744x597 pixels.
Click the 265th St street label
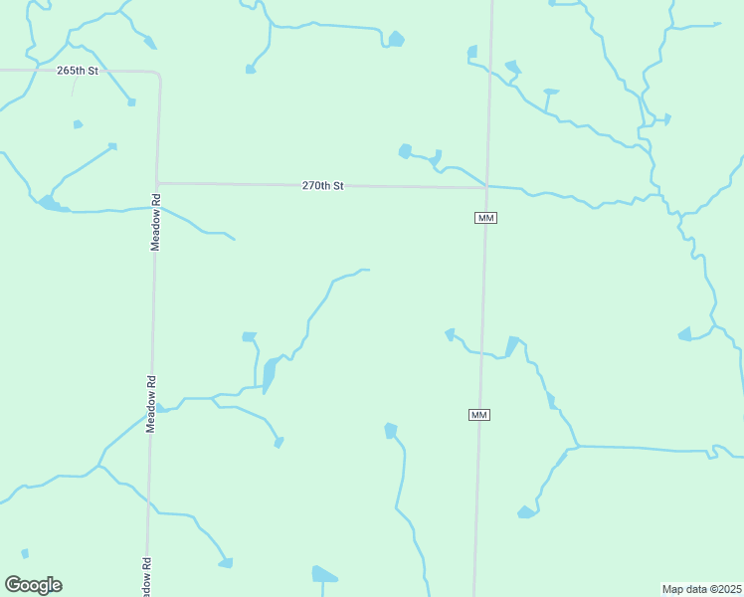point(79,71)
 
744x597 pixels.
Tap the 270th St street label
point(323,185)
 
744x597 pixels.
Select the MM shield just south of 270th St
point(485,218)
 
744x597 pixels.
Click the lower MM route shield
point(479,414)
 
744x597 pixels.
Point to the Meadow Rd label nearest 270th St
point(156,223)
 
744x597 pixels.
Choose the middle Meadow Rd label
point(152,403)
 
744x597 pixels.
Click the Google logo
point(33,585)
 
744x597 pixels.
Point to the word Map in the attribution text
point(674,589)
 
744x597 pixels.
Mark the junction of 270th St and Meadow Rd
point(157,183)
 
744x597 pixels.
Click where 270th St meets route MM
point(486,187)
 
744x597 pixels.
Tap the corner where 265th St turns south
point(157,74)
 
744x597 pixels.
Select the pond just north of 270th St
point(405,151)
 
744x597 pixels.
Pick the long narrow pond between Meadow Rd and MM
point(269,374)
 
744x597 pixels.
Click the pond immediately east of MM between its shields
point(511,346)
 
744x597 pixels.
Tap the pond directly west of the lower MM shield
point(391,431)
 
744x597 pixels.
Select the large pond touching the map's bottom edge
point(323,574)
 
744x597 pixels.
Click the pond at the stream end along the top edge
point(396,40)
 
